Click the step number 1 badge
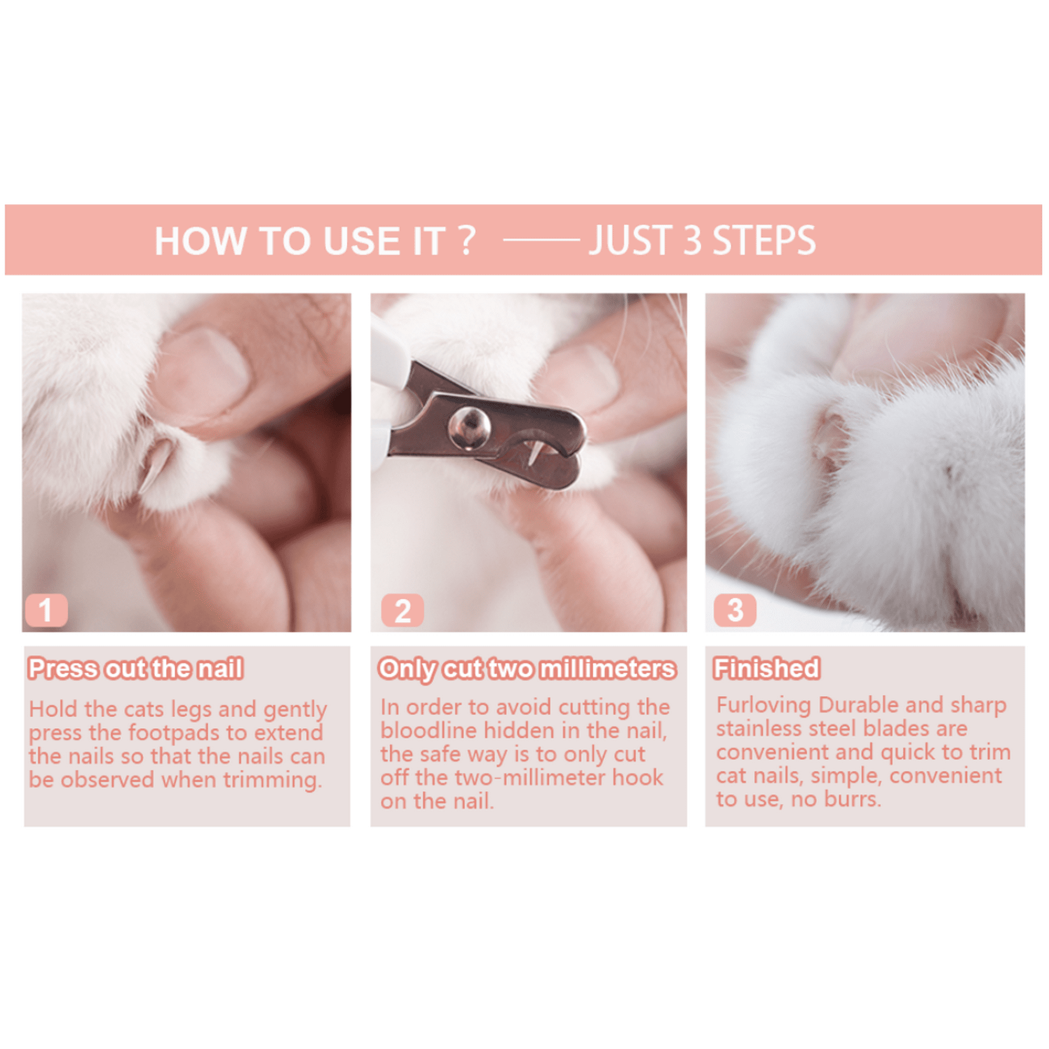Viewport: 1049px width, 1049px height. click(47, 611)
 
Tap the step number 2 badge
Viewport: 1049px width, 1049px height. click(402, 611)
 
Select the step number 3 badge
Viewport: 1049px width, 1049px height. click(735, 611)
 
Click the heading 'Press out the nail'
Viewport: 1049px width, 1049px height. click(136, 668)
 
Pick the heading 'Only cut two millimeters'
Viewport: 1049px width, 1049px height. click(527, 669)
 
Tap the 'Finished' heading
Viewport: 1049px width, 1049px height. click(767, 668)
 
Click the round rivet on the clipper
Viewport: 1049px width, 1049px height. click(469, 429)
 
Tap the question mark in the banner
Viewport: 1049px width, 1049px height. click(466, 241)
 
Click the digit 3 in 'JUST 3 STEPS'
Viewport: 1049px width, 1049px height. click(692, 241)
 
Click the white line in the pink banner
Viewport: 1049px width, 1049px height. click(541, 240)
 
